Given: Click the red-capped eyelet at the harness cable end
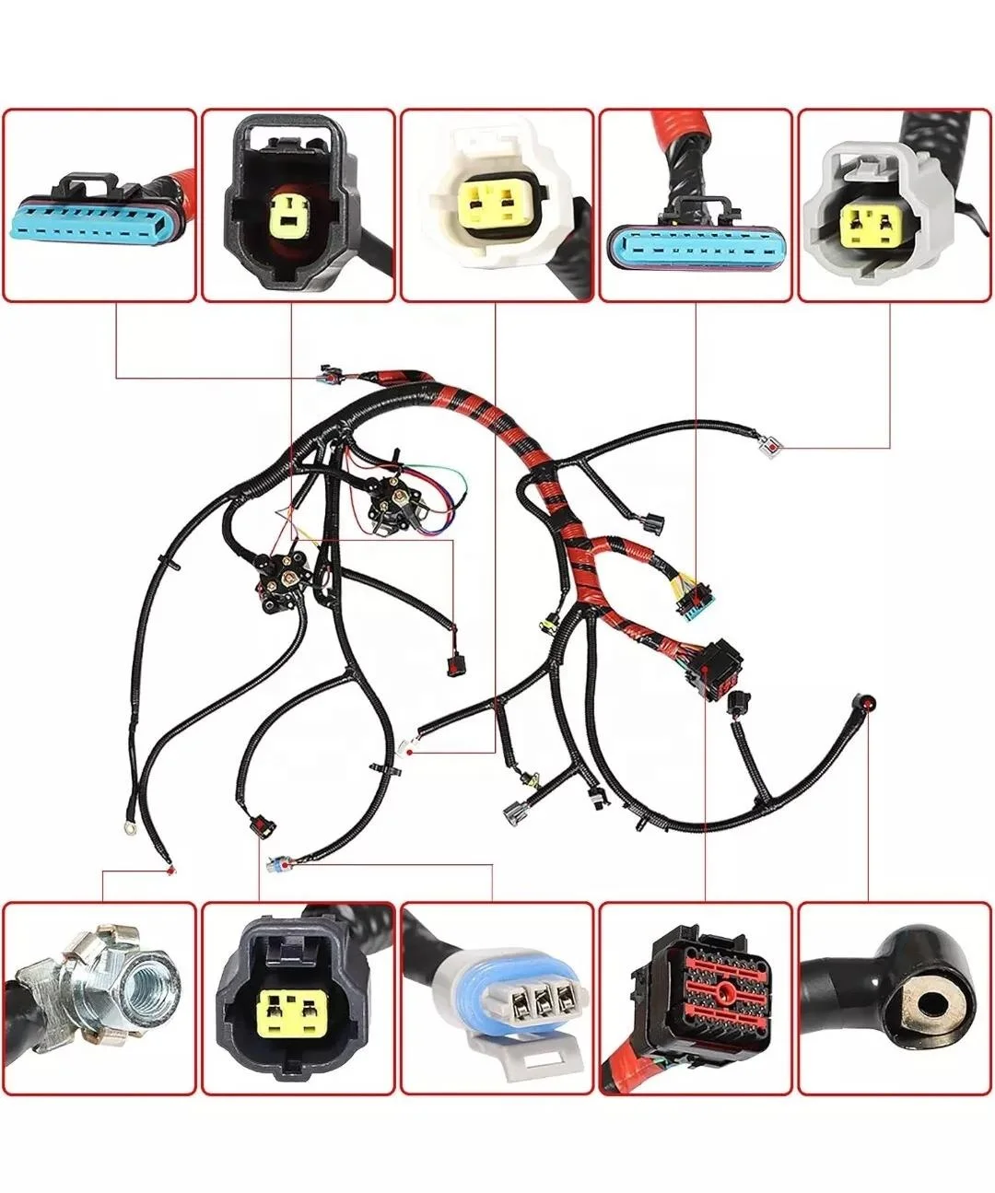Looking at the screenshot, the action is [x=867, y=702].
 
